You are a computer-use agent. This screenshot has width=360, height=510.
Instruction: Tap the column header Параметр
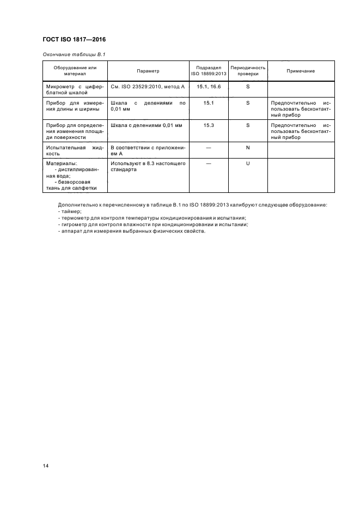(x=148, y=71)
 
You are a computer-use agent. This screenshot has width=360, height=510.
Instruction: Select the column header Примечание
(x=301, y=71)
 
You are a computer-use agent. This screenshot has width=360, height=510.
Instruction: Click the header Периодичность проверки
(x=248, y=71)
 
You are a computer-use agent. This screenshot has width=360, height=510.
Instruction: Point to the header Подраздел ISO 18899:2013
(x=208, y=71)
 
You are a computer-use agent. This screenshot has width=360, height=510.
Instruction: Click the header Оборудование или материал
(x=75, y=71)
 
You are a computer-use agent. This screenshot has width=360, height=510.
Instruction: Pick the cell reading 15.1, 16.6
(x=208, y=87)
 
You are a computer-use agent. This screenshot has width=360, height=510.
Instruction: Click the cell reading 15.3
(x=208, y=125)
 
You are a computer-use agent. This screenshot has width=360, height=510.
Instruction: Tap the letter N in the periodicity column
(x=248, y=148)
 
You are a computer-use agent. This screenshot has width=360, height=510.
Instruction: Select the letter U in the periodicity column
(x=248, y=163)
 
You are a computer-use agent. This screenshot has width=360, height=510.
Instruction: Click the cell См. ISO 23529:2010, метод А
(x=148, y=87)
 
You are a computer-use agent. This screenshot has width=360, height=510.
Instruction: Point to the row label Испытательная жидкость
(x=74, y=151)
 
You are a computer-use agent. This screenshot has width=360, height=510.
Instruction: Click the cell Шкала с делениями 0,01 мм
(x=146, y=125)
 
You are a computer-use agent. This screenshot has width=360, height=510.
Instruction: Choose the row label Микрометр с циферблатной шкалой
(x=74, y=90)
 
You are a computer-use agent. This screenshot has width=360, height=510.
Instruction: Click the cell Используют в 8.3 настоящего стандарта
(x=148, y=167)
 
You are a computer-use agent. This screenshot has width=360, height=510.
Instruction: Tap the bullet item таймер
(x=68, y=211)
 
